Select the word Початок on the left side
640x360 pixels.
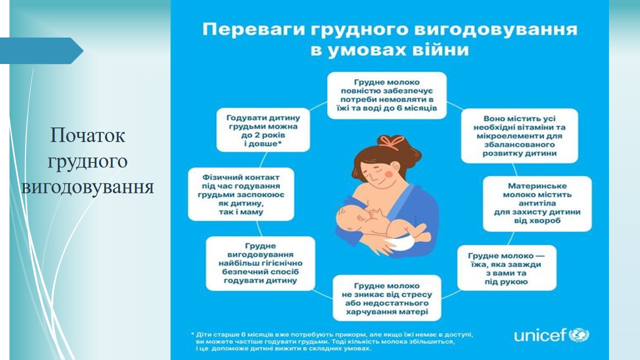tap(87, 135)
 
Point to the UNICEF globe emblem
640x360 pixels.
tap(579, 335)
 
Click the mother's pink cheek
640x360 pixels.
tap(389, 173)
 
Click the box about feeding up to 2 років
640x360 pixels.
tap(263, 130)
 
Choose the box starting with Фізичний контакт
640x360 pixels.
tap(241, 194)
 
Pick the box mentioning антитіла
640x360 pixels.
tap(537, 203)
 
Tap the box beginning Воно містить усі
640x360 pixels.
tap(519, 135)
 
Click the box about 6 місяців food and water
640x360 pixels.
tap(387, 95)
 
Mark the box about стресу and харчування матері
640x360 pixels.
tap(387, 298)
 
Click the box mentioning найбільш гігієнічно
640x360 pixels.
tap(260, 263)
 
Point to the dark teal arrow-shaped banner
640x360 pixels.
tap(41, 51)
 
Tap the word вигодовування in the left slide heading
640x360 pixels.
tap(87, 187)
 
